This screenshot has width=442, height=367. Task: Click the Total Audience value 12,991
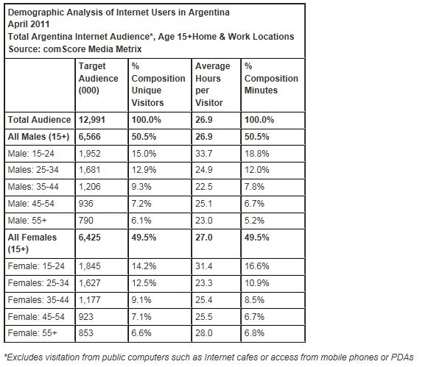pyautogui.click(x=91, y=120)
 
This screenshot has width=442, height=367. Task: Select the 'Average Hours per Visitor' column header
pyautogui.click(x=213, y=85)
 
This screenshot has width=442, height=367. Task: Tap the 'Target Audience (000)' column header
pyautogui.click(x=98, y=78)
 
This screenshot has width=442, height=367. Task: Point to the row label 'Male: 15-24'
pyautogui.click(x=31, y=154)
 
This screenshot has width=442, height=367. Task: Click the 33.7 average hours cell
pyautogui.click(x=204, y=154)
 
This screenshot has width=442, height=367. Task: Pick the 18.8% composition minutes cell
pyautogui.click(x=256, y=154)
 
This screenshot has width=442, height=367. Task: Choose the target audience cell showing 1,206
pyautogui.click(x=89, y=187)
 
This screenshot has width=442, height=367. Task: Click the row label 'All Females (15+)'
pyautogui.click(x=32, y=243)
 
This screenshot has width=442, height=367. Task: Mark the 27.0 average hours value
pyautogui.click(x=204, y=238)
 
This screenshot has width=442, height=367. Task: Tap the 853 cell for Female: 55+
pyautogui.click(x=85, y=333)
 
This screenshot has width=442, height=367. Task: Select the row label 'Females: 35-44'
pyautogui.click(x=38, y=300)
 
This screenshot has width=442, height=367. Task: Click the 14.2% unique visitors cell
pyautogui.click(x=144, y=266)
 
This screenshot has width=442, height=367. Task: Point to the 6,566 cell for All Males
pyautogui.click(x=89, y=137)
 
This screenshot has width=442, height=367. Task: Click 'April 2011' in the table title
pyautogui.click(x=29, y=24)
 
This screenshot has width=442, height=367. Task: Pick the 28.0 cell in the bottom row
pyautogui.click(x=204, y=333)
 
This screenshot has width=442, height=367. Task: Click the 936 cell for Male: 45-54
pyautogui.click(x=85, y=204)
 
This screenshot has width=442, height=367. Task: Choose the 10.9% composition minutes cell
pyautogui.click(x=256, y=283)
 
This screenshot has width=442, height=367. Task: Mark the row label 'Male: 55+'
pyautogui.click(x=27, y=221)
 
